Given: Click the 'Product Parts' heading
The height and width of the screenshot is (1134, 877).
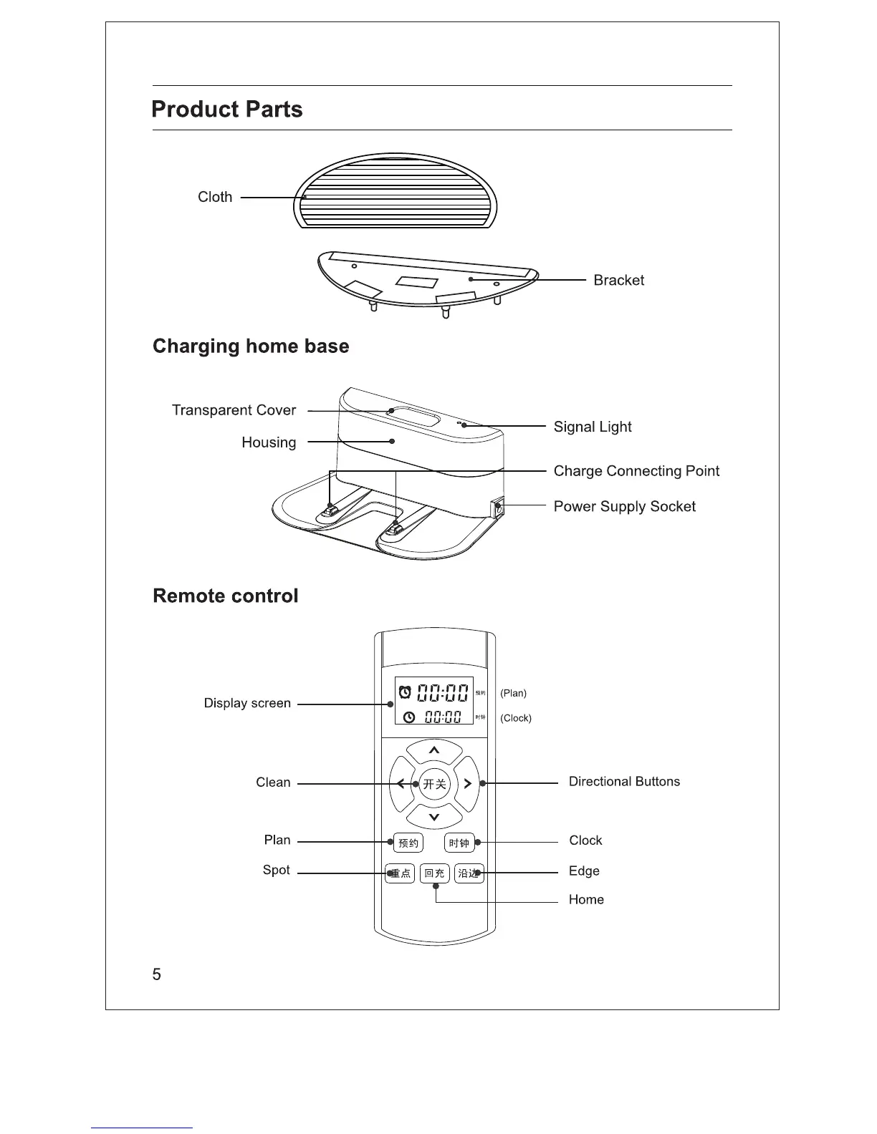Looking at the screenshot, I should pyautogui.click(x=227, y=110).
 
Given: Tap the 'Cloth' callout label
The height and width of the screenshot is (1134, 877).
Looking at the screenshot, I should pyautogui.click(x=215, y=197).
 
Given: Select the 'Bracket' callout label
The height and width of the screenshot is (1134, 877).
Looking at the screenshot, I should pyautogui.click(x=618, y=281).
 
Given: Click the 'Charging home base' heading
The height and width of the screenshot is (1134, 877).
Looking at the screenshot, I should pyautogui.click(x=251, y=346).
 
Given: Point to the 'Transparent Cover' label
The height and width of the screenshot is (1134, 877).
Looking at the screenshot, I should pyautogui.click(x=234, y=410).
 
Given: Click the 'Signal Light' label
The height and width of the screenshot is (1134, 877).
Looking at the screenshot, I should pyautogui.click(x=593, y=427).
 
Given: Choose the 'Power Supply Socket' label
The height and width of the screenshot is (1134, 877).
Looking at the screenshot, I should pyautogui.click(x=624, y=507).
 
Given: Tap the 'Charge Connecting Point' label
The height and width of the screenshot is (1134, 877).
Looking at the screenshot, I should pyautogui.click(x=636, y=471).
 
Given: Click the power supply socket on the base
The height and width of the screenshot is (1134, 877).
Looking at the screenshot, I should pyautogui.click(x=497, y=509).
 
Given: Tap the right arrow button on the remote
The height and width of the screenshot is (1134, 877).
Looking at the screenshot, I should pyautogui.click(x=467, y=784).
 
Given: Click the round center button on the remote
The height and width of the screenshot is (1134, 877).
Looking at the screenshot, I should pyautogui.click(x=434, y=784).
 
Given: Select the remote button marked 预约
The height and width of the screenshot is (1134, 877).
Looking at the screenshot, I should pyautogui.click(x=408, y=843).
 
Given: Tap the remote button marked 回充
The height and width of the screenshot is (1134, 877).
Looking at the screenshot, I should pyautogui.click(x=434, y=873).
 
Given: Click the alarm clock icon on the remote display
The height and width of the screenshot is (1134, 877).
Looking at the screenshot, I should pyautogui.click(x=405, y=692).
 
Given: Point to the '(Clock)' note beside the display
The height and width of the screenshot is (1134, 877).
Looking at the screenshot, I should pyautogui.click(x=516, y=718).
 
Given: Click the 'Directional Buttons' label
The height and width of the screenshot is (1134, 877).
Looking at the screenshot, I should pyautogui.click(x=624, y=782).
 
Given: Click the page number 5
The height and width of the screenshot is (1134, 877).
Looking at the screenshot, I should pyautogui.click(x=157, y=974).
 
